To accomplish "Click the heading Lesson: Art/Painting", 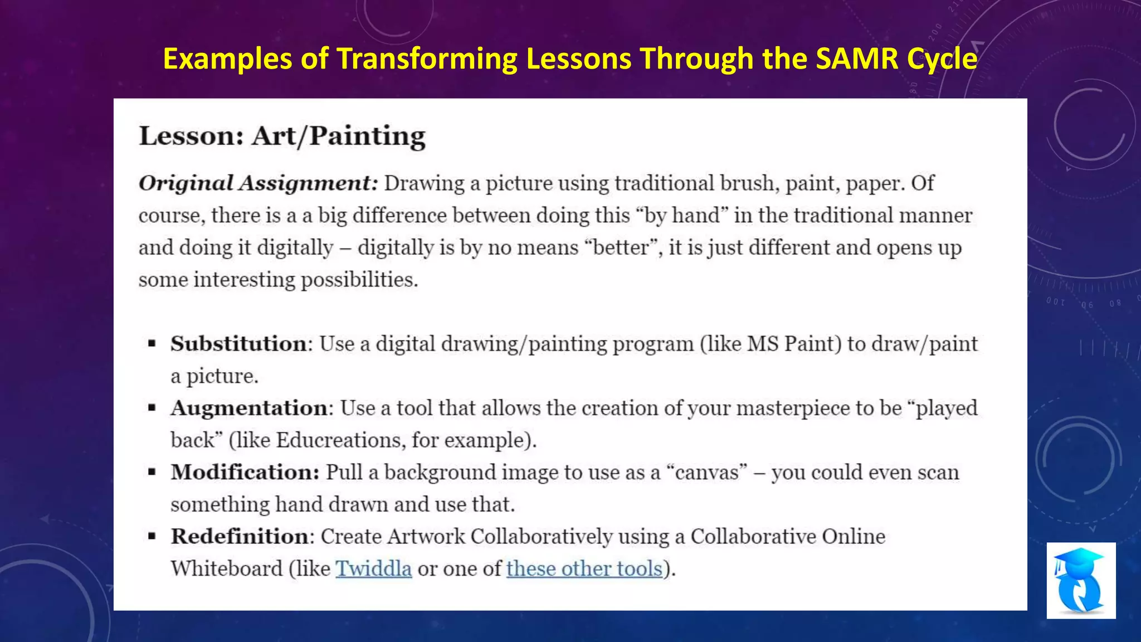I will point(282,136).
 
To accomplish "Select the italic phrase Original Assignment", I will point(257,183).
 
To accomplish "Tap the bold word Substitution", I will point(238,344).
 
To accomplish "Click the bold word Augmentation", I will point(249,408).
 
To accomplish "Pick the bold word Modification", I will point(245,472).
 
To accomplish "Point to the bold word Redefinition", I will point(240,536).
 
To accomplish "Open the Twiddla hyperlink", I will point(373,568).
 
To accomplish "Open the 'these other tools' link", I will point(584,568).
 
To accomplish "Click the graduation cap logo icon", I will point(1080,580).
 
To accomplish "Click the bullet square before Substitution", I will point(152,344).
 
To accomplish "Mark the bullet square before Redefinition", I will point(152,537).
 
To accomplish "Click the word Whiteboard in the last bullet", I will point(226,568).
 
